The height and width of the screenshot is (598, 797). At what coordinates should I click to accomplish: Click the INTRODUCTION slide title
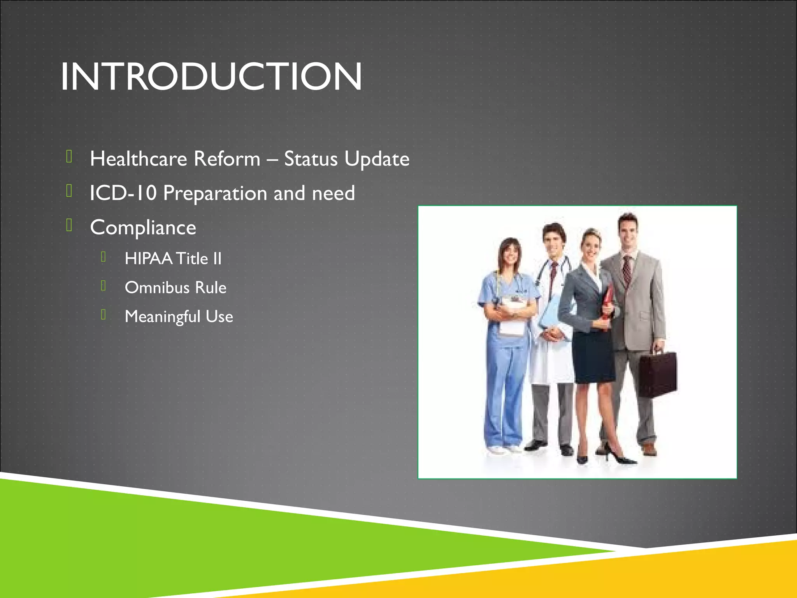(x=211, y=77)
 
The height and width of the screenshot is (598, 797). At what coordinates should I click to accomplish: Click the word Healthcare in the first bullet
(x=139, y=159)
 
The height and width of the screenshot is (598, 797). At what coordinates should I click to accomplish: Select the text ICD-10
(x=123, y=193)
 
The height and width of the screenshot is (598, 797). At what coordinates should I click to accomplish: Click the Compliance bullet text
(x=143, y=227)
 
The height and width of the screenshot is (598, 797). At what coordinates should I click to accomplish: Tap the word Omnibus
(x=157, y=288)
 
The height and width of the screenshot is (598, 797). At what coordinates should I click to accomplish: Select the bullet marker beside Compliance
(x=69, y=225)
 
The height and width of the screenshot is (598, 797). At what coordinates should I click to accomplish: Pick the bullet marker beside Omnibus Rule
(x=103, y=286)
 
